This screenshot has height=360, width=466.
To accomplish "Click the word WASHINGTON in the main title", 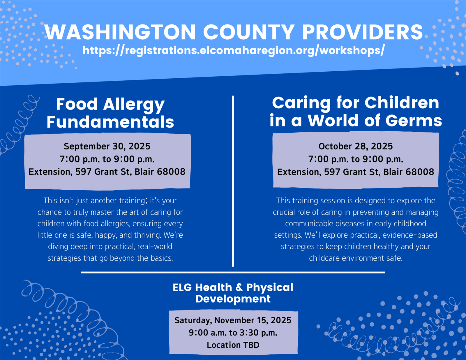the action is (120, 32).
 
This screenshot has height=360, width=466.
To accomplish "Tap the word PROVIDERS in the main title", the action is (362, 32).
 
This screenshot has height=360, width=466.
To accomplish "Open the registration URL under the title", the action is (234, 51).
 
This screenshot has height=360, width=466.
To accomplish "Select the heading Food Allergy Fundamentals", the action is (110, 113).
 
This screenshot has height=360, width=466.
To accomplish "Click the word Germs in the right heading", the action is (414, 121).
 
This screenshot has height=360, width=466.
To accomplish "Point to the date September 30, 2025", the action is (107, 147).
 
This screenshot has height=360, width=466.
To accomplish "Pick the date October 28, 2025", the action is (356, 147).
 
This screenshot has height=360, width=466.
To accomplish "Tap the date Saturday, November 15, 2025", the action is (233, 320).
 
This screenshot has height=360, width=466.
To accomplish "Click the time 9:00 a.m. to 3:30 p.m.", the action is (233, 333).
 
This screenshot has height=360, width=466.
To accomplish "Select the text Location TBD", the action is (233, 345).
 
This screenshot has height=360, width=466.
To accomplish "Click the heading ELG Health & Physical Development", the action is (233, 293).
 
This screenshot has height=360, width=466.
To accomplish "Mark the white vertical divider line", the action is (233, 181).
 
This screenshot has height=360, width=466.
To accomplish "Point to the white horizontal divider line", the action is (233, 273).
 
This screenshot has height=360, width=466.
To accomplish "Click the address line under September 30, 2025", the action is (107, 172).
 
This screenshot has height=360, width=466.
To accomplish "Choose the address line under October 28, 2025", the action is (356, 172).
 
